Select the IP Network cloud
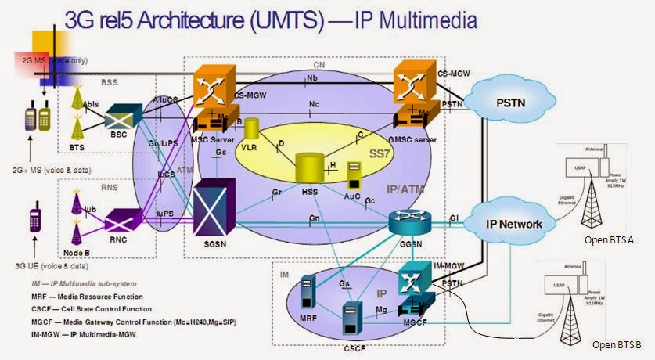[x=513, y=224]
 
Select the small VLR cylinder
[x=252, y=129]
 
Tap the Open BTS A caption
[x=613, y=239]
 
